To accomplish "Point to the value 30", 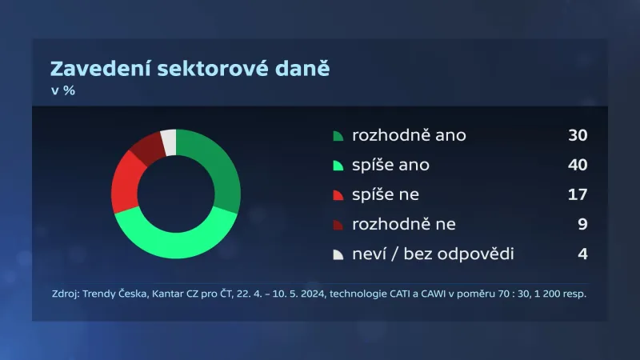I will click(x=578, y=135).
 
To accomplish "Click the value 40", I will click(x=578, y=165).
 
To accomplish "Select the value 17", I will click(x=578, y=194).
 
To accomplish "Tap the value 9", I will click(x=582, y=224).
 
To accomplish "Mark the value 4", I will click(x=582, y=254).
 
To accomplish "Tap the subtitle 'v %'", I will click(x=63, y=91).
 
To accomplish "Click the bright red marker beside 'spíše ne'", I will click(x=338, y=195).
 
